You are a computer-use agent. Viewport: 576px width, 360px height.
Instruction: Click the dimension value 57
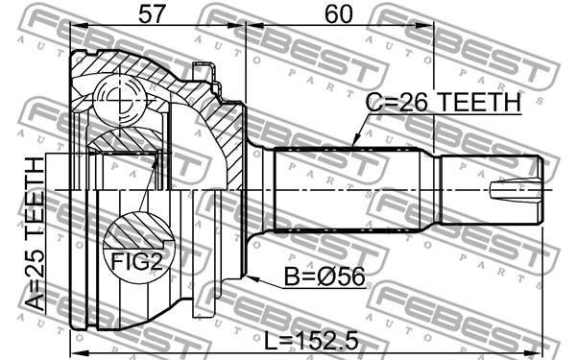(152, 14)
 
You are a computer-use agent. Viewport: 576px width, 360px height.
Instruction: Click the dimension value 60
(338, 14)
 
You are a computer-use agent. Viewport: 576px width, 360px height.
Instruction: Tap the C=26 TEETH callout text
(444, 102)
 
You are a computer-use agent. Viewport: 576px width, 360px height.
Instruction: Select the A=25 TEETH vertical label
(35, 234)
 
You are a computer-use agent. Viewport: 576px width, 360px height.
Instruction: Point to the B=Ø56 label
(324, 276)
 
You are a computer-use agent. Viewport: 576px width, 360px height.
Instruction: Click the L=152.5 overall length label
(311, 341)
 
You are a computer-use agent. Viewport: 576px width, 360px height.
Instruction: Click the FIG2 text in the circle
(136, 262)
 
